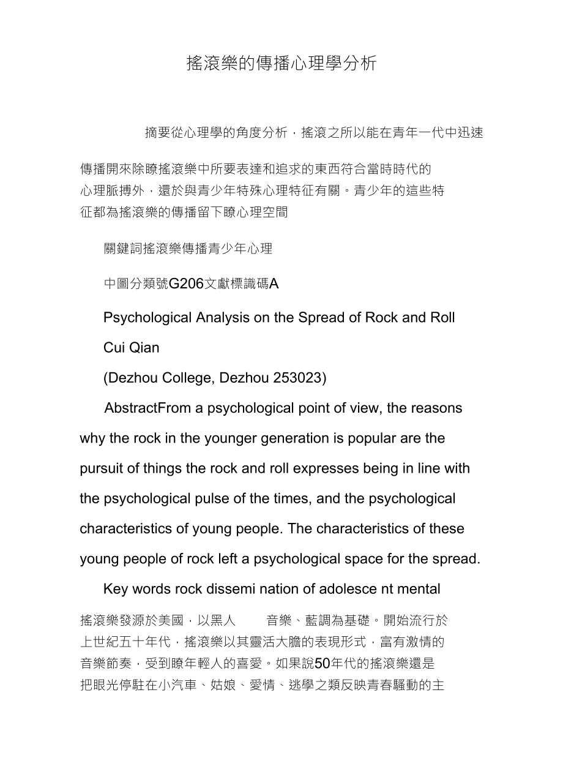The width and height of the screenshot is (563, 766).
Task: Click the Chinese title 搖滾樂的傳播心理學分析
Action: [281, 63]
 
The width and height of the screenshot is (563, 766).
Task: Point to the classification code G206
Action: [186, 284]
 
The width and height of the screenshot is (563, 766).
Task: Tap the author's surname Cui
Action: [114, 348]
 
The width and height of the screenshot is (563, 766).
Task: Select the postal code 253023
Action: [300, 378]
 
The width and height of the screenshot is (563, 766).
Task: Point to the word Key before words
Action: [116, 589]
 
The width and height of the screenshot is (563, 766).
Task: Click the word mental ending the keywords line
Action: [420, 589]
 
